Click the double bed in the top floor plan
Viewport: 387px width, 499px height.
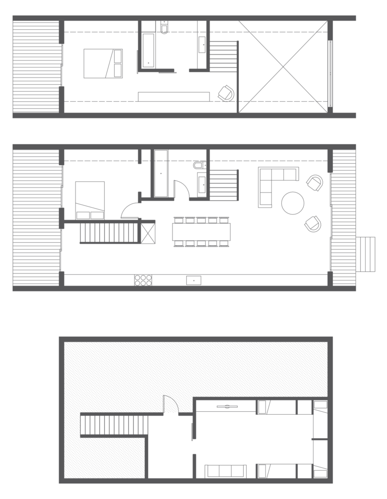(x=103, y=63)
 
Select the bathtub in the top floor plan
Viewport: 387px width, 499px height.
(x=148, y=50)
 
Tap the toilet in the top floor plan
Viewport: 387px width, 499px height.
(x=164, y=28)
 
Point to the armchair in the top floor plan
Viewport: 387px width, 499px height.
(x=226, y=93)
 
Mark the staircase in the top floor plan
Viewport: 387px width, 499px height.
(x=223, y=56)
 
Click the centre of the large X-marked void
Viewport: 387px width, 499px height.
(x=283, y=66)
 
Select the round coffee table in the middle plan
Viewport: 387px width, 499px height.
(x=293, y=203)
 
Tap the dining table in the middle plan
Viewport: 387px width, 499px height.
(x=201, y=231)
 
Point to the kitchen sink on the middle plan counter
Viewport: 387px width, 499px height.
(x=193, y=280)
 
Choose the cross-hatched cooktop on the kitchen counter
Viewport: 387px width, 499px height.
(x=143, y=280)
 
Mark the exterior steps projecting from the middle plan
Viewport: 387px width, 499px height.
(x=366, y=254)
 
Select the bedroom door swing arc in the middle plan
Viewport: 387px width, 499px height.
(x=130, y=211)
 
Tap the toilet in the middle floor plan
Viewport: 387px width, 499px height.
(x=199, y=166)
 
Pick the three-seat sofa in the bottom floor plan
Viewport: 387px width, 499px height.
(x=226, y=471)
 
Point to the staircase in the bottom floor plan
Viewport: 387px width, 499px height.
(x=114, y=425)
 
